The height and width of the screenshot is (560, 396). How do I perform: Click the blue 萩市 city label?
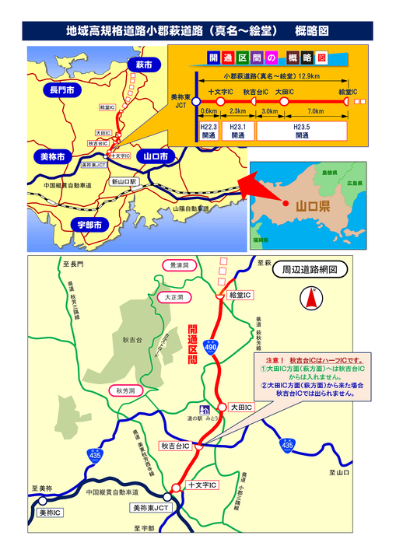[x=143, y=64]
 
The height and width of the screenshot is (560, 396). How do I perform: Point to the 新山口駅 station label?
[x=124, y=182]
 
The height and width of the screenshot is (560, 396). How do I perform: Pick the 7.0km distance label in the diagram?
[x=316, y=111]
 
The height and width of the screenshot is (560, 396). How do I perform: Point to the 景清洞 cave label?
[x=180, y=265]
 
